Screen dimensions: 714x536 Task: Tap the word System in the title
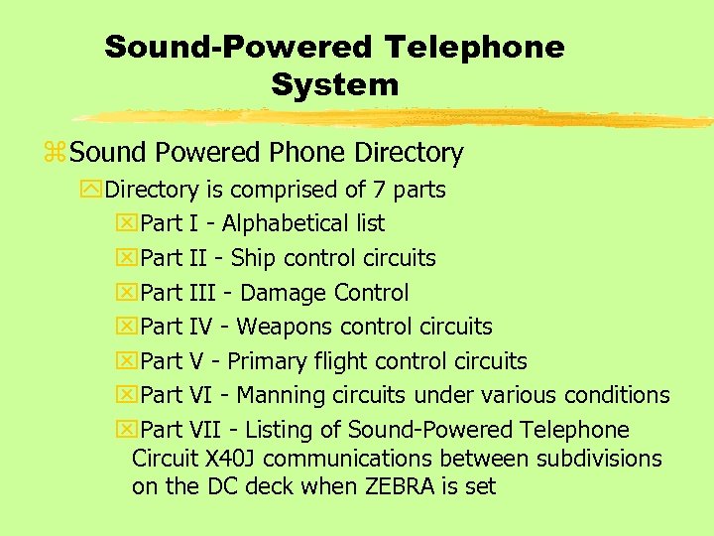(334, 84)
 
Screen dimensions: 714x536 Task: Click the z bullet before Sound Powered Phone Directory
(56, 154)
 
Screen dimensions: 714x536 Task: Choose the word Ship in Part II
(253, 258)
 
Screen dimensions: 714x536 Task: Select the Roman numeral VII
(204, 430)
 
